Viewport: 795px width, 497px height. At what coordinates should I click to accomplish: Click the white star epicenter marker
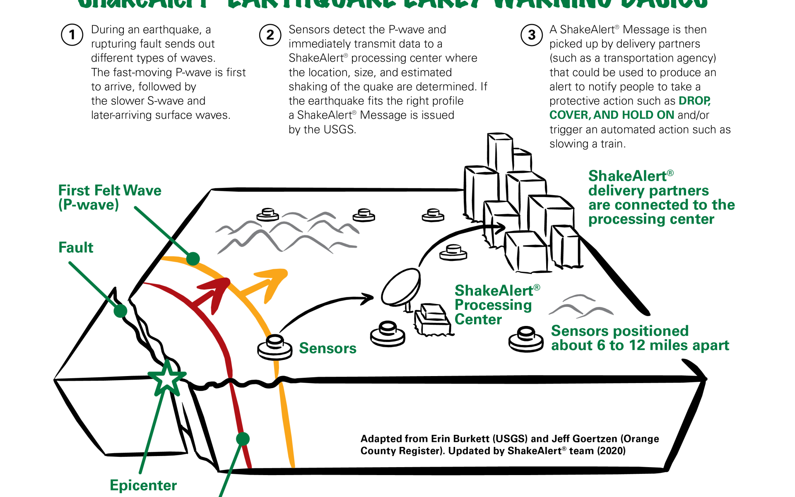[167, 378]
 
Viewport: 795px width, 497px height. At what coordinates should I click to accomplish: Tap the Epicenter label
[143, 485]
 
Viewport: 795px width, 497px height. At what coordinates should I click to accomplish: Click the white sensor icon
[274, 347]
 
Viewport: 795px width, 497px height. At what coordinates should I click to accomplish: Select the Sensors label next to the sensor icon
[328, 348]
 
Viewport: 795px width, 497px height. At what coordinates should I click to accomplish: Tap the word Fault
[76, 248]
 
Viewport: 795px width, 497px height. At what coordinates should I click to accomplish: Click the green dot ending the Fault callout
[120, 311]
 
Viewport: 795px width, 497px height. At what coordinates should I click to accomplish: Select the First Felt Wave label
[110, 191]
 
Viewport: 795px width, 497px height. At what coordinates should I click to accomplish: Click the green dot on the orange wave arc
[193, 258]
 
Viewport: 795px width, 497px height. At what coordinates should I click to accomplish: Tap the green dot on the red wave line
[243, 439]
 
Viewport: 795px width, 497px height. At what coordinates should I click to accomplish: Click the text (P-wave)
[89, 205]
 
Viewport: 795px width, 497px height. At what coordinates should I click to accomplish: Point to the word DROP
[694, 101]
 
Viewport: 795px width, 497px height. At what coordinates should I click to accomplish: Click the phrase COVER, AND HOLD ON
[612, 115]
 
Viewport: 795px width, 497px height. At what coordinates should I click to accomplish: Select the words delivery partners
[648, 191]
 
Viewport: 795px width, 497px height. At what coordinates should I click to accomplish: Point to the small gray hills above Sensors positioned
[581, 306]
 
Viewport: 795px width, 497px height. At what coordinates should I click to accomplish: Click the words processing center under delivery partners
[651, 219]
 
